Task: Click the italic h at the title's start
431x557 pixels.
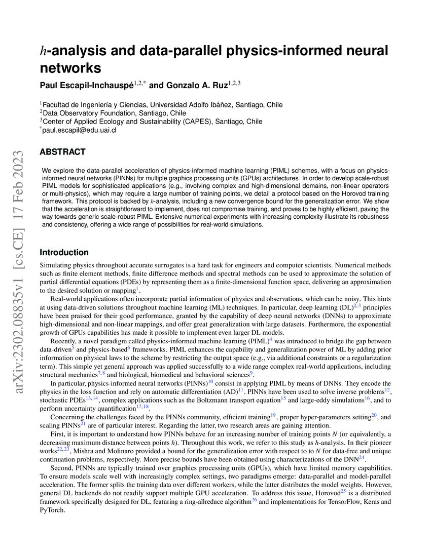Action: coord(44,51)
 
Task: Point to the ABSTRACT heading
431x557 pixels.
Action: coord(62,152)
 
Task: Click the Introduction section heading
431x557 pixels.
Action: coord(64,252)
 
